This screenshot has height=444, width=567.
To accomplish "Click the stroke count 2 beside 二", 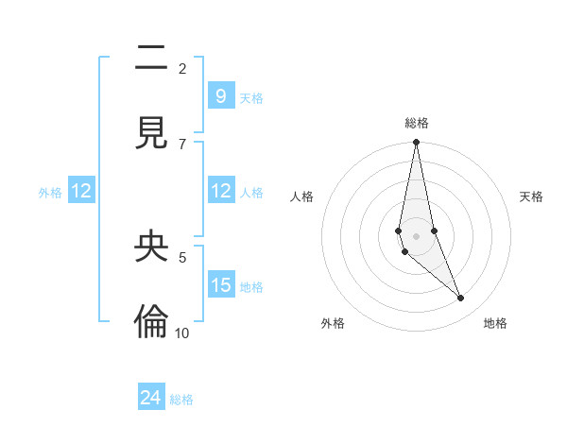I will [x=182, y=69].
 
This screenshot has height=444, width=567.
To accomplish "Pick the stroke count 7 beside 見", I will [x=182, y=144].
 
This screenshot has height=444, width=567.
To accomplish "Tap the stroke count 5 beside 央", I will [x=182, y=256].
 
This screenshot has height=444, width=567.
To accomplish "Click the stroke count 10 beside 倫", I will [x=182, y=333].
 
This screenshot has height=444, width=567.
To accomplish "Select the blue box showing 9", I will [x=220, y=95].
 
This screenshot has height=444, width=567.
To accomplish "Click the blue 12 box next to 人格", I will [x=220, y=191].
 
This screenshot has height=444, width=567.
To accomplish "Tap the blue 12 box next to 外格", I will [x=81, y=191].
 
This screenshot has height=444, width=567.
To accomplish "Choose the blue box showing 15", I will [x=220, y=285].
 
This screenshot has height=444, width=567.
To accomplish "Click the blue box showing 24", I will [x=150, y=398].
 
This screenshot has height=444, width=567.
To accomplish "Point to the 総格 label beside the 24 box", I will [x=181, y=401].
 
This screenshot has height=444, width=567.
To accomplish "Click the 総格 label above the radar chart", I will [x=417, y=123].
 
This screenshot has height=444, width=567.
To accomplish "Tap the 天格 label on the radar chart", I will [x=531, y=196].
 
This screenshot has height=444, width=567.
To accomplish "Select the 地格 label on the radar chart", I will [x=495, y=323].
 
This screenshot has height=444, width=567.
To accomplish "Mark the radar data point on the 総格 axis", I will [x=416, y=143].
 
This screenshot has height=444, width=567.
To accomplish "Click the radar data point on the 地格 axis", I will [x=461, y=299].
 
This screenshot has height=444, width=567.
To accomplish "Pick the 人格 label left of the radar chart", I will [x=302, y=196].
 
